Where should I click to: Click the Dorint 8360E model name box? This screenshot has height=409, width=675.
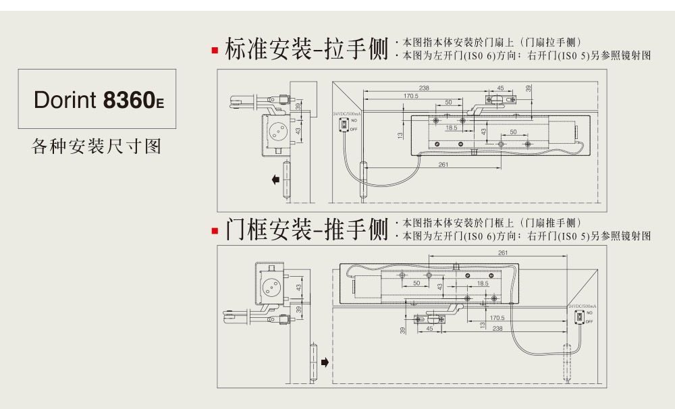click(97, 100)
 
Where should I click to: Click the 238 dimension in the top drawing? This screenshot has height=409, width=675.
click(424, 88)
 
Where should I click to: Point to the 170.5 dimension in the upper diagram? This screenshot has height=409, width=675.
click(411, 96)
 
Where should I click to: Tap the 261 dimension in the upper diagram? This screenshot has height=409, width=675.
click(443, 164)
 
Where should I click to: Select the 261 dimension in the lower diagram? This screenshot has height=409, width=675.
click(502, 253)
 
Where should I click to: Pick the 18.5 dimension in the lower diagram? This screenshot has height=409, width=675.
click(483, 283)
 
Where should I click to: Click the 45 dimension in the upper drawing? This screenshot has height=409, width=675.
click(500, 88)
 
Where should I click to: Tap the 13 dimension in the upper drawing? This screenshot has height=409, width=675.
click(400, 135)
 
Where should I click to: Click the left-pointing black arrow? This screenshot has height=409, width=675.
click(276, 180)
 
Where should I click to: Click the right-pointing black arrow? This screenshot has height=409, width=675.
click(325, 362)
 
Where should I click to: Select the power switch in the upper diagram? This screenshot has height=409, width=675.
click(344, 125)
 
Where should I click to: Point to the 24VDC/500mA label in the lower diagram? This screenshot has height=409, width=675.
click(581, 306)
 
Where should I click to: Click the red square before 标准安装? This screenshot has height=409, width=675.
click(215, 51)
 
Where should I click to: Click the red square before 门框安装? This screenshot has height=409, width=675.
click(215, 231)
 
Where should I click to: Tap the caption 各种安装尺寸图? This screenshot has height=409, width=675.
click(97, 146)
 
